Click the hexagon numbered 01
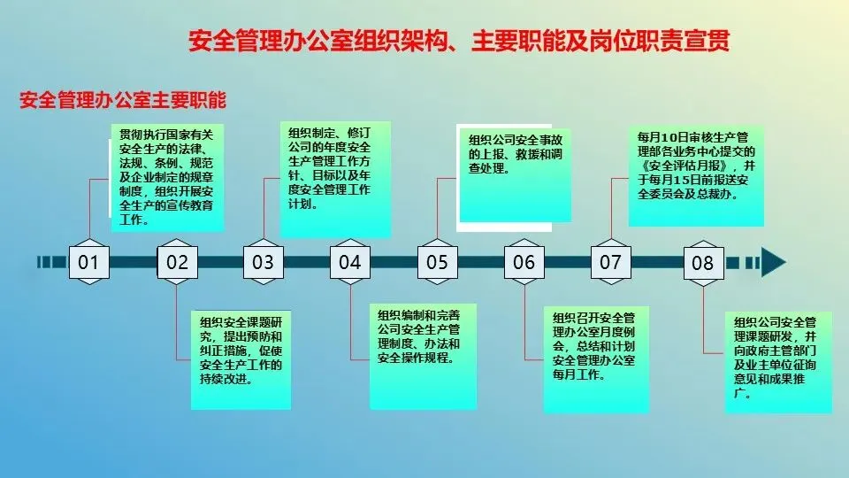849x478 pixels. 89,261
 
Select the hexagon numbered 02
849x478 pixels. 177,261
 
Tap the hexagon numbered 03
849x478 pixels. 264,261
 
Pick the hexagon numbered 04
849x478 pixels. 350,261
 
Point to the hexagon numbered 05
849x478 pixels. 437,261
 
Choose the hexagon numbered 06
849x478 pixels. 524,261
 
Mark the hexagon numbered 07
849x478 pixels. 610,261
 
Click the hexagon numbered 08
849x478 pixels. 702,262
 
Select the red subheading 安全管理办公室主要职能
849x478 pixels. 123,99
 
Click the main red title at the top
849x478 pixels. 459,42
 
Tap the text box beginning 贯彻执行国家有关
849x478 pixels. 164,177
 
